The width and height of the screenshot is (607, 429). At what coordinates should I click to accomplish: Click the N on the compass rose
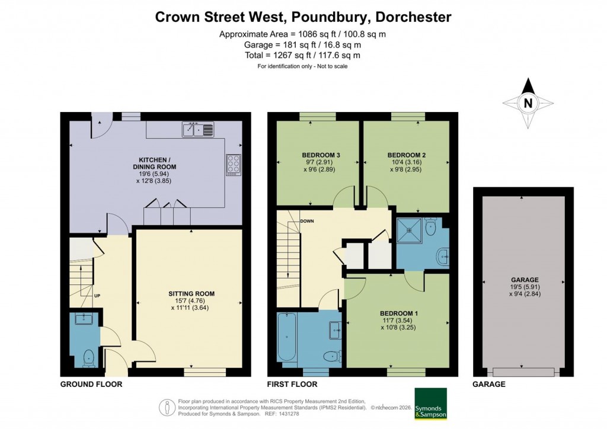pos(528,103)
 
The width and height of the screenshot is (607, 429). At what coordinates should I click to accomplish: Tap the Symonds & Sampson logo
pos(430,404)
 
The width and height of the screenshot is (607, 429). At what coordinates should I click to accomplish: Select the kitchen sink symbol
pos(198,128)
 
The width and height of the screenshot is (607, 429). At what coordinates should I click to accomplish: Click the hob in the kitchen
pos(233,164)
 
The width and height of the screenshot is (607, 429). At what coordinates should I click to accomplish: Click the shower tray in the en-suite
pos(409,229)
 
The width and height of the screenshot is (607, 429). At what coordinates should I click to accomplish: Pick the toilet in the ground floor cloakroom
pos(89,357)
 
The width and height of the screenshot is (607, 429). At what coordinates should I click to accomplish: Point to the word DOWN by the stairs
pos(306,222)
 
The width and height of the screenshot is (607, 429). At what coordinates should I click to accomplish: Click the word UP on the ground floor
pos(97,294)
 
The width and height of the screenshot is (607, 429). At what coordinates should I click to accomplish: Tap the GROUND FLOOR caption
pos(91,384)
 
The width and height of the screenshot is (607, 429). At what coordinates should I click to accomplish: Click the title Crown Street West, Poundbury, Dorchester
pos(303,17)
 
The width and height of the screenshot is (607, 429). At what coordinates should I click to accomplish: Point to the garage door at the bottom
pos(524,372)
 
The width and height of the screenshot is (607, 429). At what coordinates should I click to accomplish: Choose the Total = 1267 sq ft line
pos(303,55)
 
